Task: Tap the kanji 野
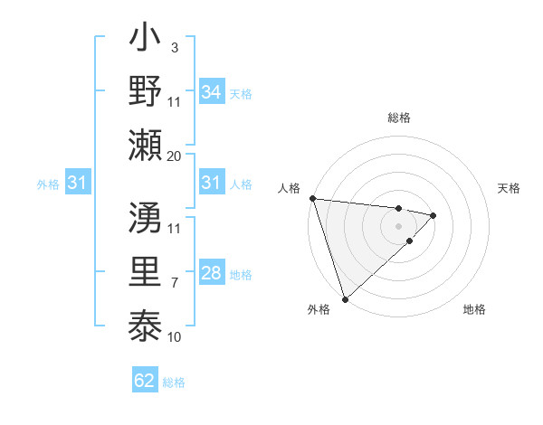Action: tap(146, 92)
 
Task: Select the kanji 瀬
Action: tap(146, 145)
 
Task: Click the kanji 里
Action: tap(146, 272)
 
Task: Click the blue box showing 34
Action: tap(211, 91)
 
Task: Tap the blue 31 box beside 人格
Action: tap(211, 183)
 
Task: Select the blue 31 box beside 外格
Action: tap(77, 183)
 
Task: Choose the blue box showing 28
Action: tap(211, 273)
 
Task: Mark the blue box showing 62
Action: tap(145, 381)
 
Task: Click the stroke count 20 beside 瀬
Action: tap(175, 156)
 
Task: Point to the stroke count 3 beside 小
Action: tap(174, 45)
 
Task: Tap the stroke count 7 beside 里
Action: tap(174, 283)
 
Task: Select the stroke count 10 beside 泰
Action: tap(175, 336)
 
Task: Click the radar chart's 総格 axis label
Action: tap(399, 118)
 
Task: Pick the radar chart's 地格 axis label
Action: tap(474, 310)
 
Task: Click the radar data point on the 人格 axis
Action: tap(312, 198)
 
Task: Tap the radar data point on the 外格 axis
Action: tap(345, 298)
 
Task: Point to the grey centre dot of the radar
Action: tap(399, 225)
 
